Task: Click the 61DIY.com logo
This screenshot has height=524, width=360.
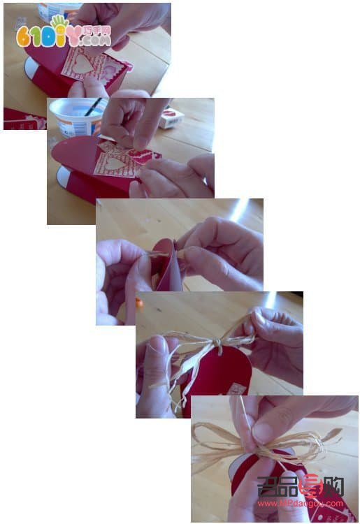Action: click(x=63, y=34)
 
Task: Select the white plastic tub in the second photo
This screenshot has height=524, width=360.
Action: click(x=75, y=117)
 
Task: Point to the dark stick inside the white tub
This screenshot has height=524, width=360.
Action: click(x=93, y=107)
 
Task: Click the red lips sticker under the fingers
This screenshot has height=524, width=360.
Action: click(x=141, y=155)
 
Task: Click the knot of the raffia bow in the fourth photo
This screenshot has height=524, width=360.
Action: click(x=217, y=344)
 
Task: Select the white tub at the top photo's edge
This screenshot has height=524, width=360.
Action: click(x=59, y=10)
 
